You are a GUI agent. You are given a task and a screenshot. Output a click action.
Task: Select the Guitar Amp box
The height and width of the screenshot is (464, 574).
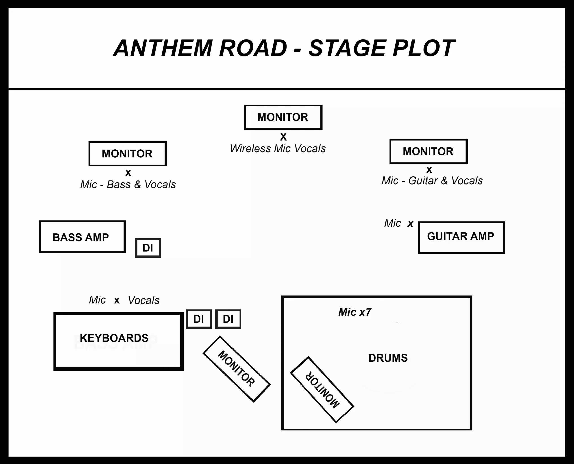[461, 237]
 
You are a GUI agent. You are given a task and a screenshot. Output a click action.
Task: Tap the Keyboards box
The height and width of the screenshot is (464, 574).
[118, 341]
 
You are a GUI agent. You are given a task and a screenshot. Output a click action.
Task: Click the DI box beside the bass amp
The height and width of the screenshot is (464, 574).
[148, 248]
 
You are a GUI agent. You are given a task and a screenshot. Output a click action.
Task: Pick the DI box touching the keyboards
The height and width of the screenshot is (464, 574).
[199, 319]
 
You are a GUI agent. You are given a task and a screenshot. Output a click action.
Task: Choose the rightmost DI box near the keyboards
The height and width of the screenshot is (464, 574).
[228, 319]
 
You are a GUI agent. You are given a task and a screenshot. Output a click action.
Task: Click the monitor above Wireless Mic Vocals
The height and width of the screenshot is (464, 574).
[283, 117]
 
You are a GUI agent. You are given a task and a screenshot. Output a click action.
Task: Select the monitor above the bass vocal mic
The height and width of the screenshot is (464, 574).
[127, 154]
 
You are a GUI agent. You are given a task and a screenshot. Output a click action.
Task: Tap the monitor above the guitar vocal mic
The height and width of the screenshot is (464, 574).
[428, 151]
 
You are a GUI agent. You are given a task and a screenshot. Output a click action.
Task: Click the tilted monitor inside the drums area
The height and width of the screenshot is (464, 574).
[322, 389]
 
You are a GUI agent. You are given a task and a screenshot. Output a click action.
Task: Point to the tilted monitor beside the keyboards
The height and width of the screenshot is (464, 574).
[237, 369]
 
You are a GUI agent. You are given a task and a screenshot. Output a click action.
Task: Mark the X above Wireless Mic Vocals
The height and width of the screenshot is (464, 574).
[283, 137]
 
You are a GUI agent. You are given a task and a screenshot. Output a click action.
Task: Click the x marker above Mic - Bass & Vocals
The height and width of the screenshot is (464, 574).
[128, 173]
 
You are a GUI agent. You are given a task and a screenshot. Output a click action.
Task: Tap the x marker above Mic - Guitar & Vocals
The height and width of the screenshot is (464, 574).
[429, 170]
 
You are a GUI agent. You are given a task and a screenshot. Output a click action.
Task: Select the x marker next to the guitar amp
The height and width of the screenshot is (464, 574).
[410, 223]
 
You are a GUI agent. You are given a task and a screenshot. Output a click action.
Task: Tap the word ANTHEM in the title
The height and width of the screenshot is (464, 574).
[163, 48]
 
